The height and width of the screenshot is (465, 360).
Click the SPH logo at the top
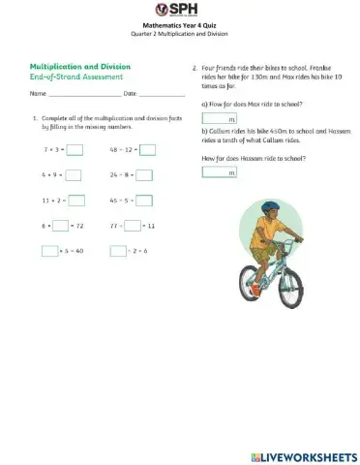[179, 10]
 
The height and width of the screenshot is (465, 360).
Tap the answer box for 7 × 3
[75, 150]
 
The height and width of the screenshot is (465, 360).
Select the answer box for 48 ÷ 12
[147, 150]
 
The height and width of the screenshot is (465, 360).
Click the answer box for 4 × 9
[75, 175]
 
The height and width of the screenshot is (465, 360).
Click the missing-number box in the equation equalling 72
[60, 226]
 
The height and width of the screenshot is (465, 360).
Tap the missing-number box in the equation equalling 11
[131, 226]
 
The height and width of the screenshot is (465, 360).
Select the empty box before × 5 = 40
[50, 251]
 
